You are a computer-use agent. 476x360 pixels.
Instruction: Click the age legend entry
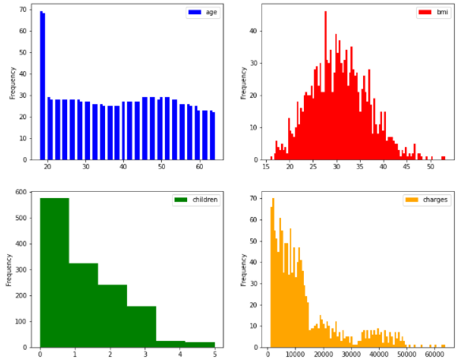pyautogui.click(x=203, y=13)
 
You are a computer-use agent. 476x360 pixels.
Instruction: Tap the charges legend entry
pyautogui.click(x=426, y=200)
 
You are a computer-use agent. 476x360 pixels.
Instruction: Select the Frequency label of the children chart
pyautogui.click(x=9, y=269)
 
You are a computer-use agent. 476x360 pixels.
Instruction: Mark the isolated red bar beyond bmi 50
pyautogui.click(x=444, y=157)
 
